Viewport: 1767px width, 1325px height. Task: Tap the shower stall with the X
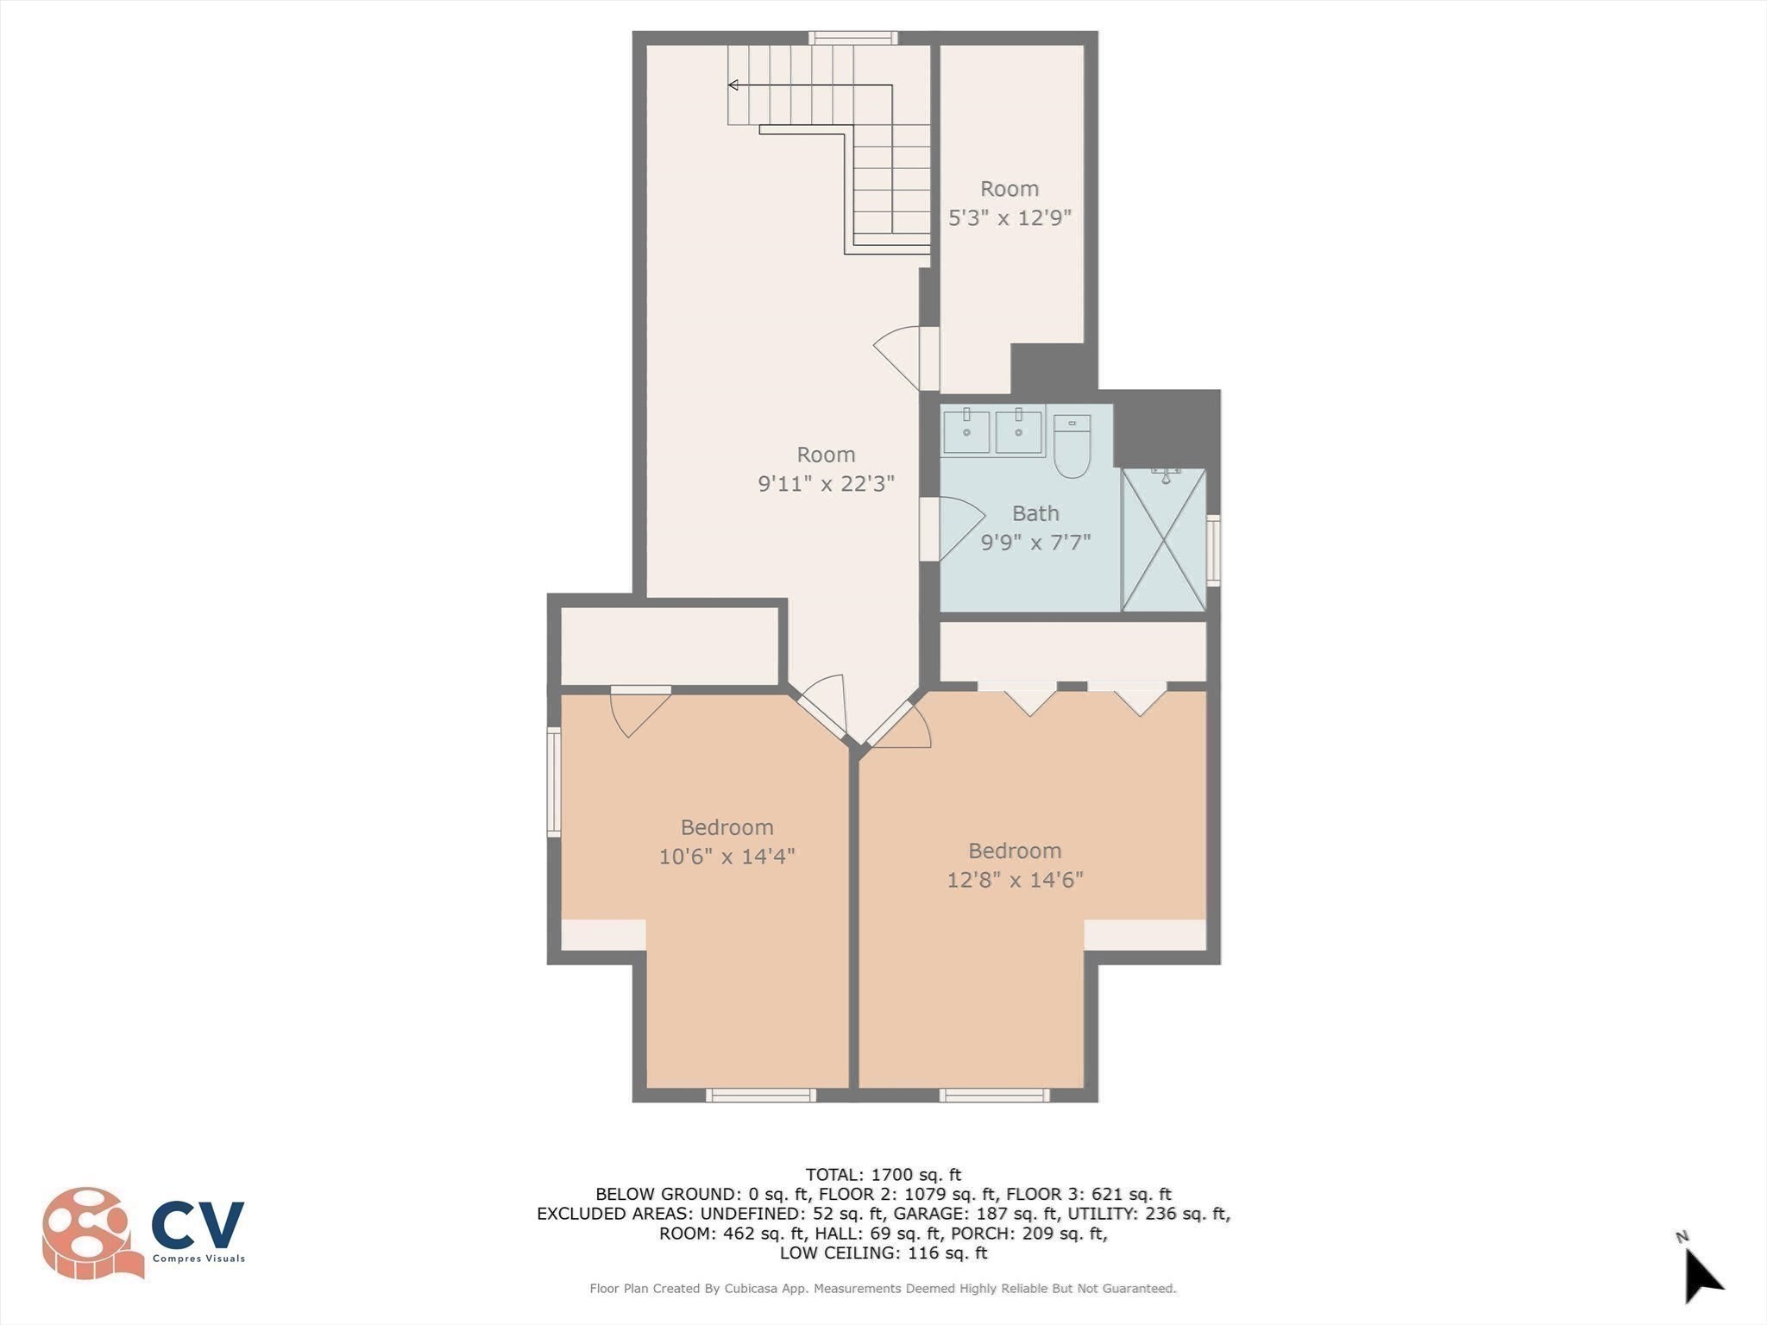tap(1164, 540)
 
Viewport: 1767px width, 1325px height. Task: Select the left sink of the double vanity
tap(966, 431)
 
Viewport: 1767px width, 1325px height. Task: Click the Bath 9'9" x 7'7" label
tap(1035, 527)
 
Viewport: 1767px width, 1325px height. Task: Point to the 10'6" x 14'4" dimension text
tap(726, 857)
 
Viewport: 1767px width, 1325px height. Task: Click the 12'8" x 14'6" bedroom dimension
tap(1015, 880)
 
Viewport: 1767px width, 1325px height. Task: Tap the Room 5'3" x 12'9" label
tap(1009, 203)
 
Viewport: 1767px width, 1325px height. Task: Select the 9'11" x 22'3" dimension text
tap(826, 484)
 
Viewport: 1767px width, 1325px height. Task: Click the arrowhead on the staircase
tap(733, 85)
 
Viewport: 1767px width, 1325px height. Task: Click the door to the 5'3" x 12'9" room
tap(902, 356)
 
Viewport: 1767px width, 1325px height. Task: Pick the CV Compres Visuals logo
tap(142, 1232)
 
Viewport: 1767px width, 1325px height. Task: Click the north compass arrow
tap(1702, 1277)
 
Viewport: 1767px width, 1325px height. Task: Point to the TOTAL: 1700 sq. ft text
tap(883, 1174)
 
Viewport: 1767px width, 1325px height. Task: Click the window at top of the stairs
tap(852, 38)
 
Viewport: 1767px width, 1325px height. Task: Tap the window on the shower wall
tap(1212, 549)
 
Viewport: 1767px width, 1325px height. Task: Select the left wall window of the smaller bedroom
tap(554, 782)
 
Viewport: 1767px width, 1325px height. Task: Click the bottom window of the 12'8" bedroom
tap(994, 1096)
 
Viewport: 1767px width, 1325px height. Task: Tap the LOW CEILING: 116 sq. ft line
tap(883, 1253)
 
